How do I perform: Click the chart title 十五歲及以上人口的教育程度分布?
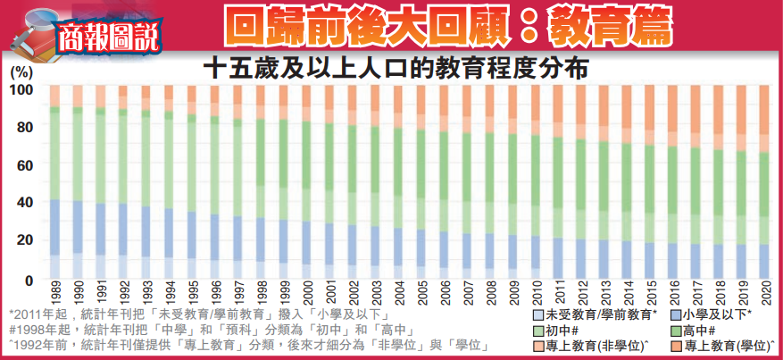point(399,68)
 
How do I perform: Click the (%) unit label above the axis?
point(21,71)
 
